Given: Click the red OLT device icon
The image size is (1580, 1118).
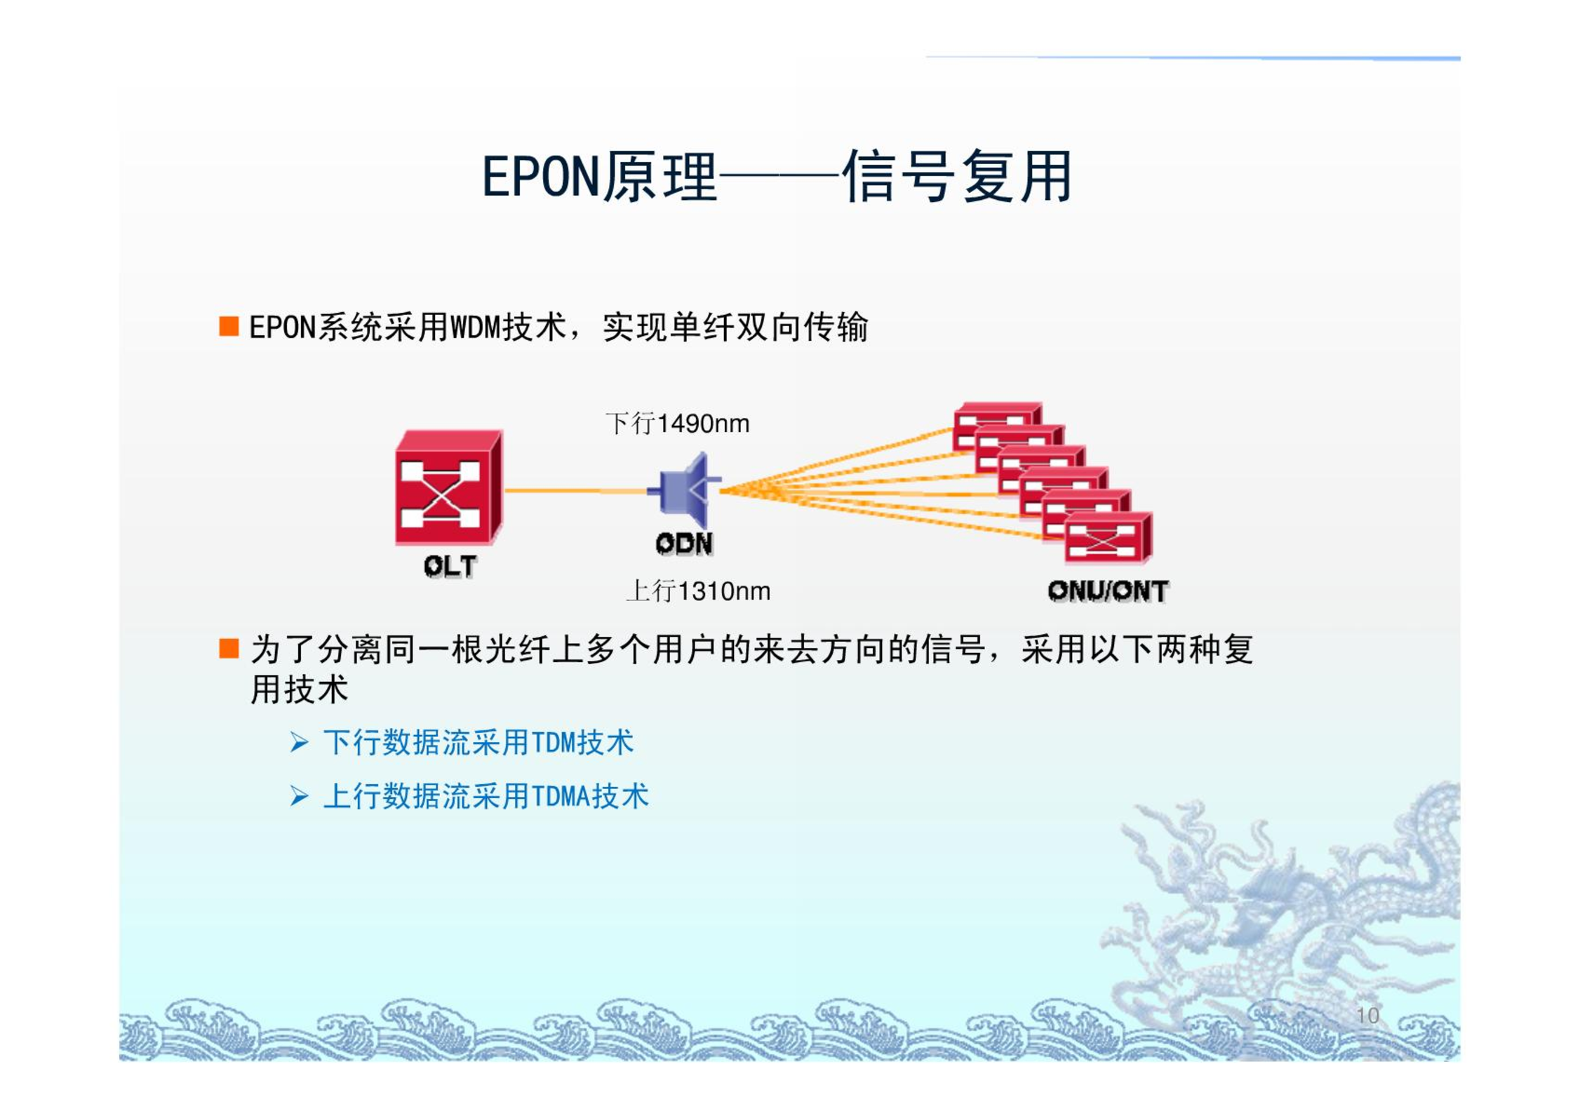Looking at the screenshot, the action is point(449,487).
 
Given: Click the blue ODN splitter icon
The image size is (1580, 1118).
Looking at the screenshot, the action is point(685,490).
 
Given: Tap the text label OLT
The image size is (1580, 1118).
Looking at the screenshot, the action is point(450,566).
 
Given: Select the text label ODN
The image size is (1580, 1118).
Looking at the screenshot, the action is point(684,543).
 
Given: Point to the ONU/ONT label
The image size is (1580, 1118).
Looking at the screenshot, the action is point(1108,591).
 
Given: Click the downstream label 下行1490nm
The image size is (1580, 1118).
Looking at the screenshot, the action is point(678,424).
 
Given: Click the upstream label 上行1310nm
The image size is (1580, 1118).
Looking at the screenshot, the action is point(699,591).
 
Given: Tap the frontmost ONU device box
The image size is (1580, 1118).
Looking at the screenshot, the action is point(1108,538).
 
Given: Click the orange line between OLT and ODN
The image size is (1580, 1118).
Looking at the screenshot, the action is point(575,490).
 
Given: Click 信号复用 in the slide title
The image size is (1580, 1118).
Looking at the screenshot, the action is point(958,176).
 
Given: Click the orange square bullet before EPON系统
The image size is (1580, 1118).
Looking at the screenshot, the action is point(229,326).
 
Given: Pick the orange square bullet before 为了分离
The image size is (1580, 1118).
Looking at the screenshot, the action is point(229,648).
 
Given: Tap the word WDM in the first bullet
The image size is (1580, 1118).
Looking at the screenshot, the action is point(475,328).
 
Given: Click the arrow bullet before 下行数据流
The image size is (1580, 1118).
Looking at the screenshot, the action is point(300,742).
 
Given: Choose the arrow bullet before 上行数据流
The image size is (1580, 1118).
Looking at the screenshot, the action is point(300,796).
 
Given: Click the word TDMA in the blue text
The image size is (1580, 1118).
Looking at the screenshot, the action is point(561,797).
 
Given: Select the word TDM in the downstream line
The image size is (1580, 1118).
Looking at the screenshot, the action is point(554,743).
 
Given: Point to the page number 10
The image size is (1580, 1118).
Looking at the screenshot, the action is point(1367,1016).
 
